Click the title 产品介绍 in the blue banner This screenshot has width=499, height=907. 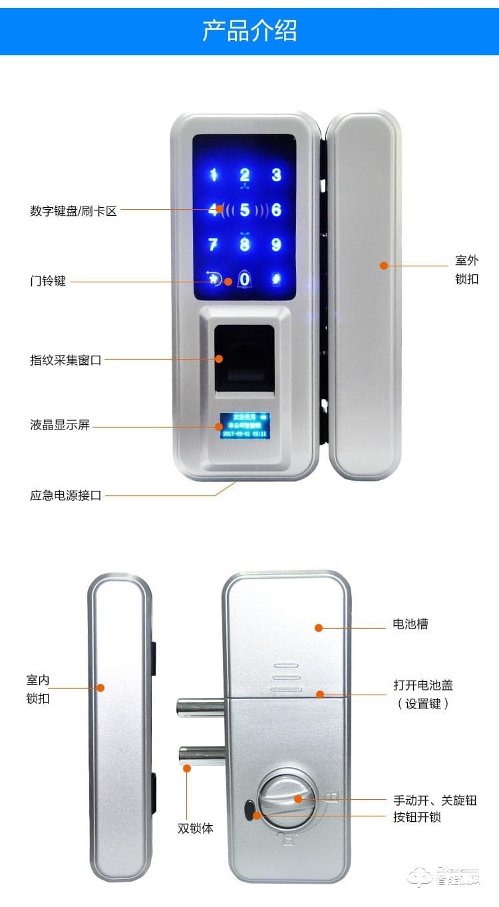pos(249,31)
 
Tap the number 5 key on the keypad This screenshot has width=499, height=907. pos(245,210)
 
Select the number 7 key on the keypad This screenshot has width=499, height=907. pos(213,244)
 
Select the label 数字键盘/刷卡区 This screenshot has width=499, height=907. pos(73,211)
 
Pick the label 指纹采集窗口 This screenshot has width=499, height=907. pos(66,360)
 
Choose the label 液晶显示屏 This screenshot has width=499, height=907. pos(60,425)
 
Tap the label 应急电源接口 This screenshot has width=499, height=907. pos(66,495)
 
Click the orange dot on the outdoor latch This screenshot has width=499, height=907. pos(384,265)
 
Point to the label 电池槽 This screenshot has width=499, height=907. pos(411,624)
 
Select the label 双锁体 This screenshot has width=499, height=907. pos(196,829)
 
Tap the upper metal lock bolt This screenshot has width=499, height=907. pos(200,707)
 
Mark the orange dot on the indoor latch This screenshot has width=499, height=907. pos(101,688)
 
